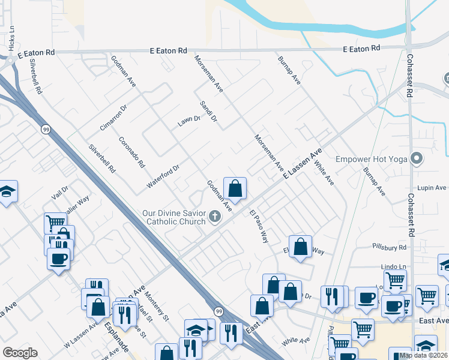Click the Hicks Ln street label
click(x=11, y=41)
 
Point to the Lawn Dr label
click(x=188, y=121)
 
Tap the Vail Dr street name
click(x=60, y=192)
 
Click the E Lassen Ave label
click(x=303, y=163)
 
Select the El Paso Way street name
click(x=259, y=226)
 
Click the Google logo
click(x=20, y=353)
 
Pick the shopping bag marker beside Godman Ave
click(x=235, y=188)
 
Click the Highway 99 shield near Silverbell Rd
click(x=46, y=129)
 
